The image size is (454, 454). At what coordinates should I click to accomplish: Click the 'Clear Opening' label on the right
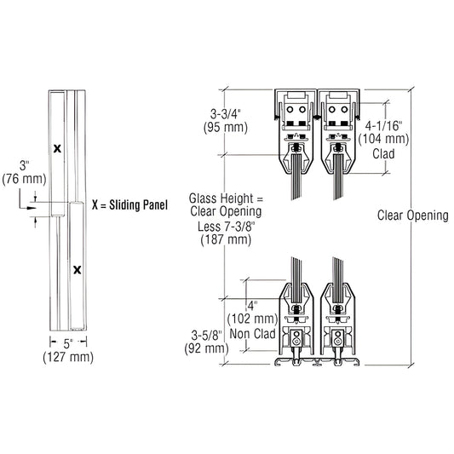pos(412,216)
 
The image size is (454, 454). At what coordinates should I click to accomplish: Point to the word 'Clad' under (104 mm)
pos(382,154)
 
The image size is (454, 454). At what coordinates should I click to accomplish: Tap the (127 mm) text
pos(67,358)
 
